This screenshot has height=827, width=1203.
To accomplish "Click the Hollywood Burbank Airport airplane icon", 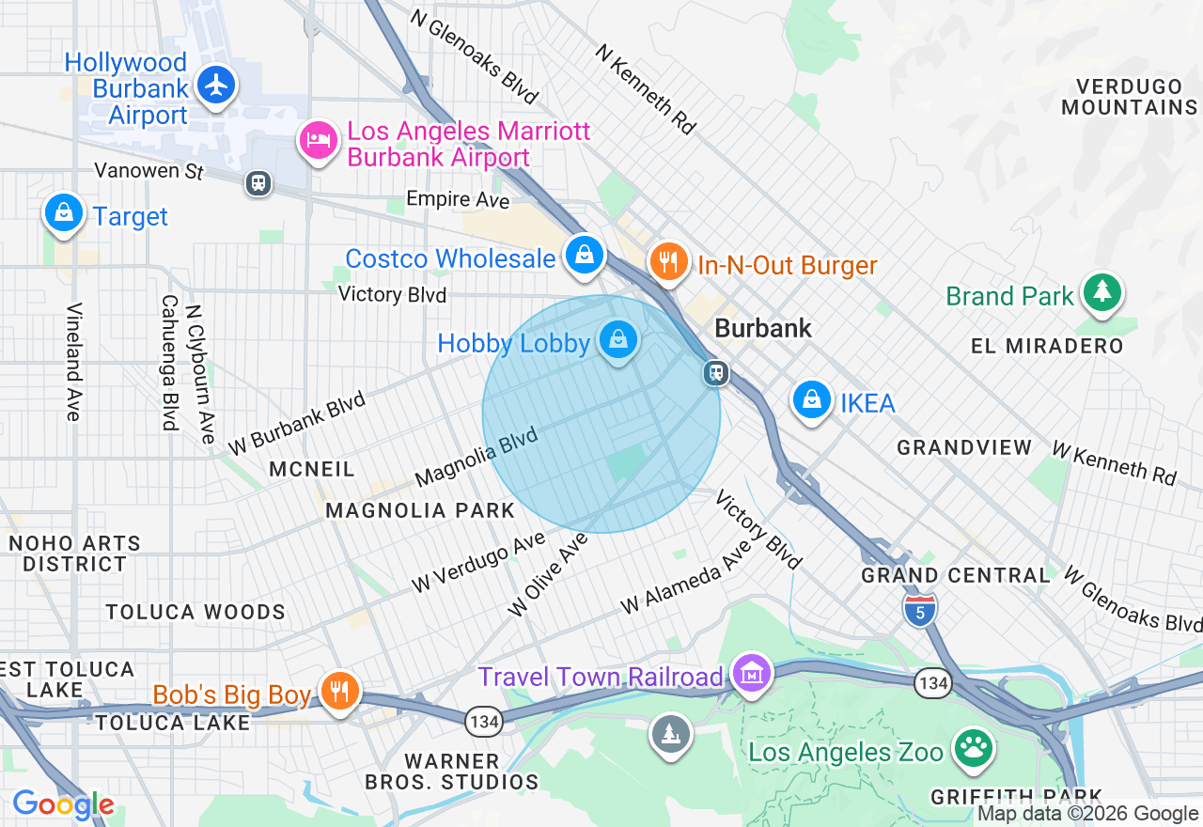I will click(217, 86).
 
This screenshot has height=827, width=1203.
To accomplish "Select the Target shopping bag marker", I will click(63, 212).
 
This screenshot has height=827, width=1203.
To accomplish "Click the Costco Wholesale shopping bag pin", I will click(585, 254).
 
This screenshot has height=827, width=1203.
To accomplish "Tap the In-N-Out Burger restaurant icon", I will click(668, 260).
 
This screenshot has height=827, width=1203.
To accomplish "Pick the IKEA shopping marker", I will click(812, 400).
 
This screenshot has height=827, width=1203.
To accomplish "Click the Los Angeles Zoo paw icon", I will click(973, 748).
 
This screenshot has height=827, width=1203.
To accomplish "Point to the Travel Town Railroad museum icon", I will click(752, 673).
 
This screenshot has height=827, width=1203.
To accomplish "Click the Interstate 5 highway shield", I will click(920, 609).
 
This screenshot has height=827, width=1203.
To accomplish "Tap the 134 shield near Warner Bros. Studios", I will click(483, 721).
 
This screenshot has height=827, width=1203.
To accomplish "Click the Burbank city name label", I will click(763, 328).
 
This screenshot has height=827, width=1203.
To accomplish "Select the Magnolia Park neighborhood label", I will click(420, 510).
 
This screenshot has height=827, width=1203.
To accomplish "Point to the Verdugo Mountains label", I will click(1129, 97).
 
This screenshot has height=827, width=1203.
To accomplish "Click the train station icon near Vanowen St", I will click(258, 182).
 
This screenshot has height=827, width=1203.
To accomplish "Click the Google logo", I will click(63, 804).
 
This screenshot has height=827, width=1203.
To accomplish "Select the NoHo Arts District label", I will click(74, 554).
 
